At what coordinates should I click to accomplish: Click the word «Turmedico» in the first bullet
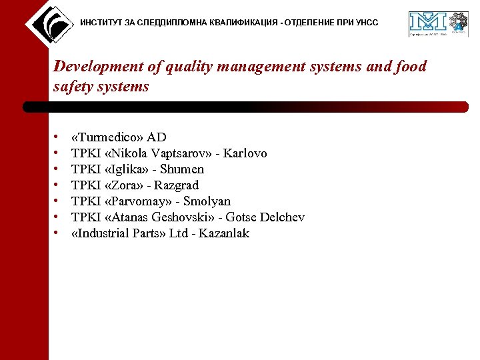coord(107,138)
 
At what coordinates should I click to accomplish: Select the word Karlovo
coord(245,154)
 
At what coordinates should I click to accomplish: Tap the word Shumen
coord(182,170)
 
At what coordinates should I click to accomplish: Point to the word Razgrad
coord(177,186)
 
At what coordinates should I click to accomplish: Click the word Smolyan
coord(207,202)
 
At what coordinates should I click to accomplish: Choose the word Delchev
coord(282,217)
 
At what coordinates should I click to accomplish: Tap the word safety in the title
coord(73,87)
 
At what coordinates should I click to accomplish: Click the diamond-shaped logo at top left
coord(49,24)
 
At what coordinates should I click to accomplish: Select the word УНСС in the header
coord(367,23)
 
